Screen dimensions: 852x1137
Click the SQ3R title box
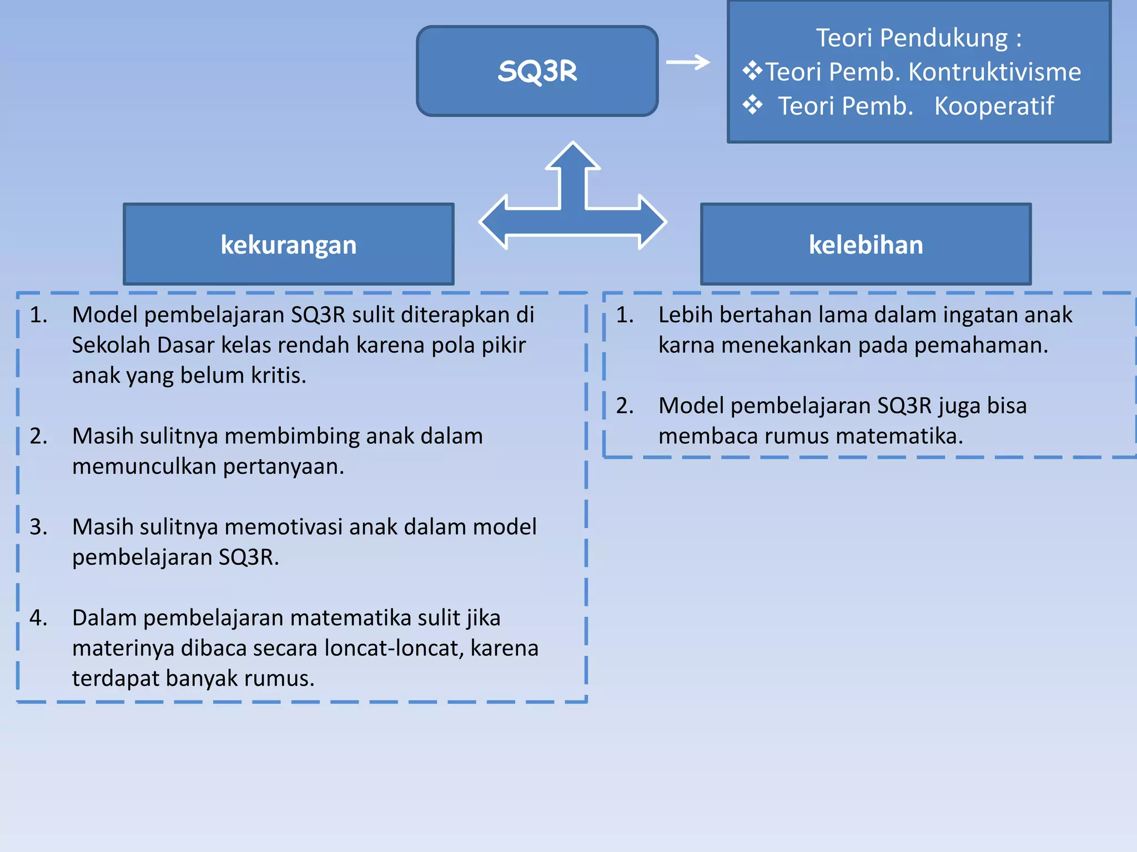coord(537,71)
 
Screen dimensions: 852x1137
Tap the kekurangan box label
coord(288,245)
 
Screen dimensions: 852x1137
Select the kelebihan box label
coord(866,245)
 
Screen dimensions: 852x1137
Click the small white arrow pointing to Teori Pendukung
coord(688,62)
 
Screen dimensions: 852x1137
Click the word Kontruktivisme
coord(994,72)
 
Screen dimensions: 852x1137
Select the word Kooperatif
coord(994,106)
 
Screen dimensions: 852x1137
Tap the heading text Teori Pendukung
coord(918,38)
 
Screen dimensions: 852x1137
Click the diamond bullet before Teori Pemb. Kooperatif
coord(753,104)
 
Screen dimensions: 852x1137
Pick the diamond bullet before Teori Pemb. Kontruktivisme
coord(753,70)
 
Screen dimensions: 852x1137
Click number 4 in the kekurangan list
coord(38,617)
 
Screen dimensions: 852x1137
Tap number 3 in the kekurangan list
coord(38,526)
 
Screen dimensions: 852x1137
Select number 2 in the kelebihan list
coord(625,405)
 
